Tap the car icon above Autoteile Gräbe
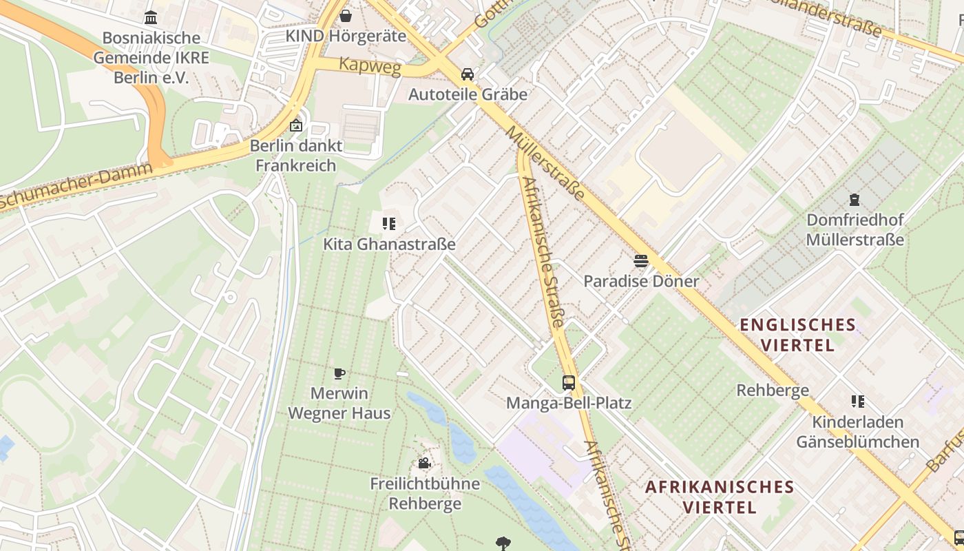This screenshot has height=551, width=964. (x=468, y=74)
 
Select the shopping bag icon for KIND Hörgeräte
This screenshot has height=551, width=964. (x=346, y=15)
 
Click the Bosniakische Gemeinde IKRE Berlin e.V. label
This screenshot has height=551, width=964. (x=151, y=57)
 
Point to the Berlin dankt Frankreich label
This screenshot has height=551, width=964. (x=296, y=156)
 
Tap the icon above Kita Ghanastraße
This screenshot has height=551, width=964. (x=389, y=224)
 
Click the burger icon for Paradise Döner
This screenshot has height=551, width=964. (x=641, y=261)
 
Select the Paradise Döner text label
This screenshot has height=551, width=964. (x=641, y=281)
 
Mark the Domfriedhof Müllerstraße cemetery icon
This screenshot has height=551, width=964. (x=855, y=200)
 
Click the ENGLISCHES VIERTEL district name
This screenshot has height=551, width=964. (x=797, y=335)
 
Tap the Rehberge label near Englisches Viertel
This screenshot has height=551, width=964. (x=773, y=391)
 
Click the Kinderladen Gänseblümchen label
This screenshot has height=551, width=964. (x=857, y=432)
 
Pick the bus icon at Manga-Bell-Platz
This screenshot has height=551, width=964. (x=569, y=383)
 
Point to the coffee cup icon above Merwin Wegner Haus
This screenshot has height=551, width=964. (x=339, y=374)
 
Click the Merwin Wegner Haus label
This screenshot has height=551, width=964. (x=339, y=404)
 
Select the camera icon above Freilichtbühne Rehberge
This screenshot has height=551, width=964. (x=424, y=464)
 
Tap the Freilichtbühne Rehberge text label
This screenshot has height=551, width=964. (x=425, y=493)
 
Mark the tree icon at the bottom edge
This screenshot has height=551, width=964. (x=503, y=544)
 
